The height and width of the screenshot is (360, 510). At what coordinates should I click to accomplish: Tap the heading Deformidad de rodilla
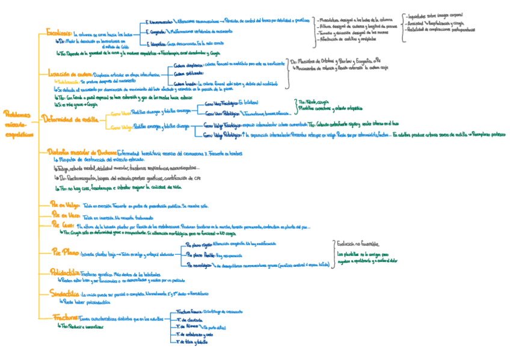(70, 119)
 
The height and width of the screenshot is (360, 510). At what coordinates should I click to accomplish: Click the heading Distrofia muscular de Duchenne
(81, 153)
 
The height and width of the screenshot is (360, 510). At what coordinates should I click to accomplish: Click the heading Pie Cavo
(63, 224)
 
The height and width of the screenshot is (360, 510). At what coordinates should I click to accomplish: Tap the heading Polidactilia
(66, 273)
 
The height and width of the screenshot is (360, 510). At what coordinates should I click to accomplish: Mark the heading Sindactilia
(64, 294)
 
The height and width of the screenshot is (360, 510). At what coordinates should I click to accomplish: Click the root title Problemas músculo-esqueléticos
(16, 123)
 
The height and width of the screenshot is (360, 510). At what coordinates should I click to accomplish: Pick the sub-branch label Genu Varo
(120, 112)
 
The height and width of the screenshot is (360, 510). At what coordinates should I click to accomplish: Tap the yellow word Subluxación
(68, 80)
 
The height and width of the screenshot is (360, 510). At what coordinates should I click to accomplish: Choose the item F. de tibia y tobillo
(192, 342)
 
